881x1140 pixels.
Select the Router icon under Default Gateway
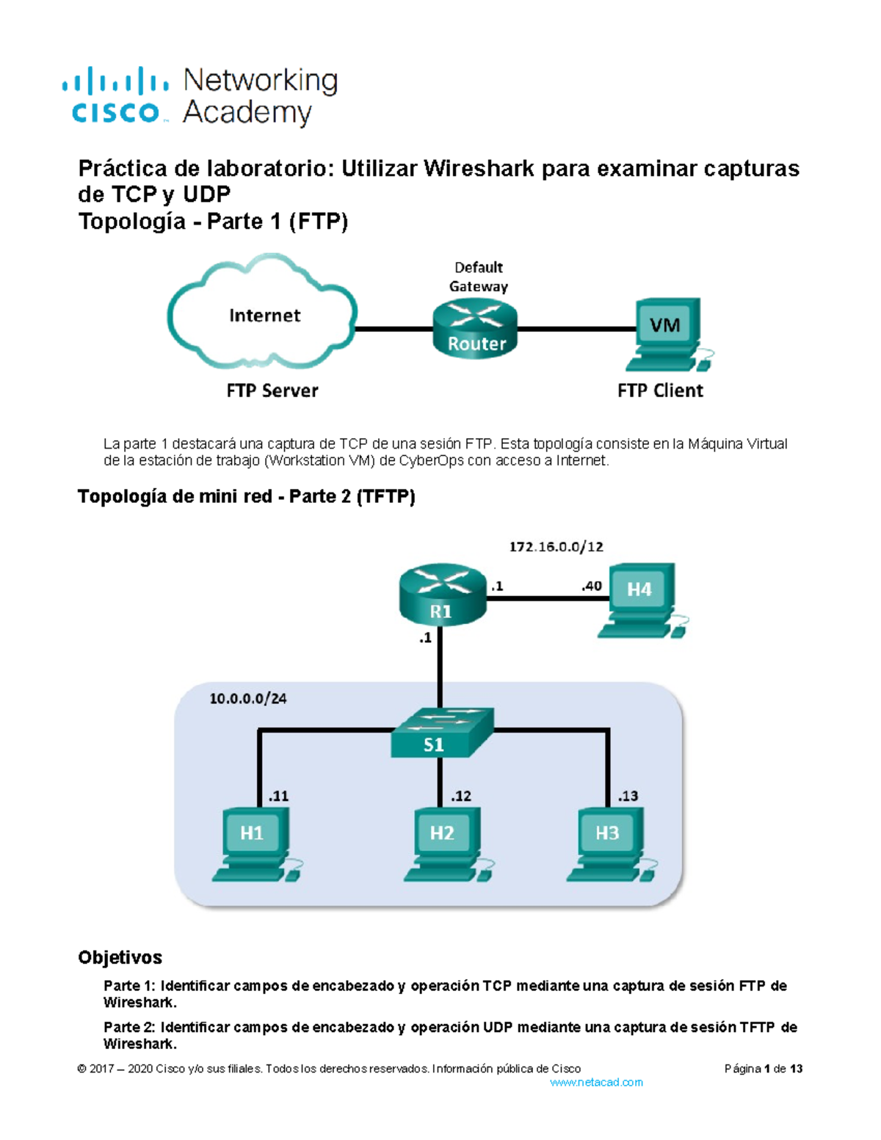476,330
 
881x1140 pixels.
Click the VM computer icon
667,335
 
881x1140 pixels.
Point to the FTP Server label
272,391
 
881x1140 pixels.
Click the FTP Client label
660,391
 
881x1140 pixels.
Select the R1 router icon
442,595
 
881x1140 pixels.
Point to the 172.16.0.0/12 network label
556,547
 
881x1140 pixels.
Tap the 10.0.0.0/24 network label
248,699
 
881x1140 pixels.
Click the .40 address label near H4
591,586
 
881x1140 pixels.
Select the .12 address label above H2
461,796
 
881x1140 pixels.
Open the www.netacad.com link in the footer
596,1082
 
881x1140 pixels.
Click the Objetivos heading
120,957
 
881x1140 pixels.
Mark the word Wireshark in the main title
479,169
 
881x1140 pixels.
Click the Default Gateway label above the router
479,277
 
